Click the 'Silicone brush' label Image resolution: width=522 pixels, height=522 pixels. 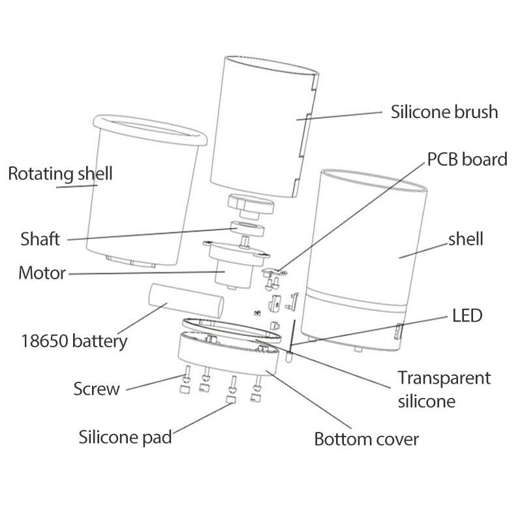pyautogui.click(x=444, y=112)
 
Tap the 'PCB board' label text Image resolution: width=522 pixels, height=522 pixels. pyautogui.click(x=467, y=159)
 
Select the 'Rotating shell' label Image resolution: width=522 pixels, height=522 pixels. pyautogui.click(x=60, y=174)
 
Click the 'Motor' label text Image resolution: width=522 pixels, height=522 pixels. pyautogui.click(x=42, y=272)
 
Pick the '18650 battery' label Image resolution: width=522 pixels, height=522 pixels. pyautogui.click(x=74, y=340)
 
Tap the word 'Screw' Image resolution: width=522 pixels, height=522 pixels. pyautogui.click(x=97, y=389)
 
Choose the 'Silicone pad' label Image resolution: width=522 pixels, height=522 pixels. pyautogui.click(x=125, y=436)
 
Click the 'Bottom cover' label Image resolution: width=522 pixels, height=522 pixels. pyautogui.click(x=366, y=438)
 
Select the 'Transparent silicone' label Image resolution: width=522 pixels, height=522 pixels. pyautogui.click(x=444, y=389)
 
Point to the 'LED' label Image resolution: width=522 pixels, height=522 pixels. pyautogui.click(x=467, y=316)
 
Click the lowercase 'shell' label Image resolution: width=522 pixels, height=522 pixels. pyautogui.click(x=465, y=239)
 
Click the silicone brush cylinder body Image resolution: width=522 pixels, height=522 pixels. pyautogui.click(x=261, y=124)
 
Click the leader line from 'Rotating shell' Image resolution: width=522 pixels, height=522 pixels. pyautogui.click(x=77, y=187)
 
